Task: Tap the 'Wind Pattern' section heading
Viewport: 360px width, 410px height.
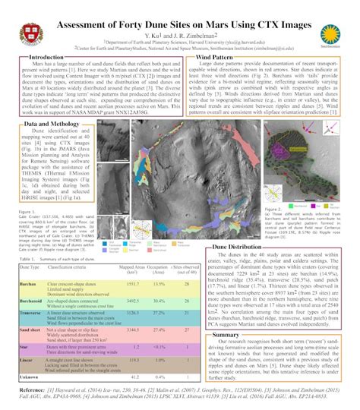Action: click(214, 57)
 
